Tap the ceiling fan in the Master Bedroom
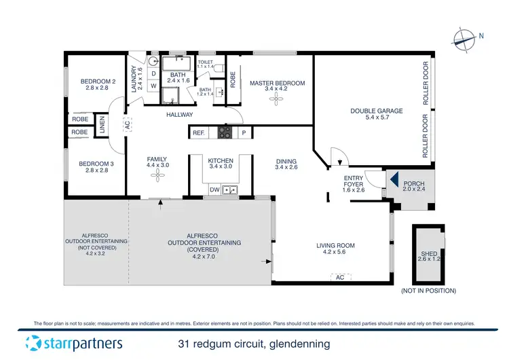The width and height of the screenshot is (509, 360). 277,99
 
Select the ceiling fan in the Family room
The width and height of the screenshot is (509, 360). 157,175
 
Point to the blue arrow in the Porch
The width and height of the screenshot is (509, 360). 393,179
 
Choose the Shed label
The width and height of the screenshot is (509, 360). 430,257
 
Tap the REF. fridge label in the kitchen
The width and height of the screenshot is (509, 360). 199,133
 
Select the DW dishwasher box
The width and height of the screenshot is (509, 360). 214,190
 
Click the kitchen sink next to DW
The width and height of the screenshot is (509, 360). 231,190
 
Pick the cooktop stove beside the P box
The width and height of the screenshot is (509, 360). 225,133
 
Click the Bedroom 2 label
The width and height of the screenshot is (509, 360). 97,84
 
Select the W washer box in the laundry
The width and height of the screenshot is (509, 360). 153,86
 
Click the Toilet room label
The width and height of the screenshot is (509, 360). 205,65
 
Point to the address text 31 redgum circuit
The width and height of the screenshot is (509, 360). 254,344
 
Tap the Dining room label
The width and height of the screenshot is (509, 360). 287,164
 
